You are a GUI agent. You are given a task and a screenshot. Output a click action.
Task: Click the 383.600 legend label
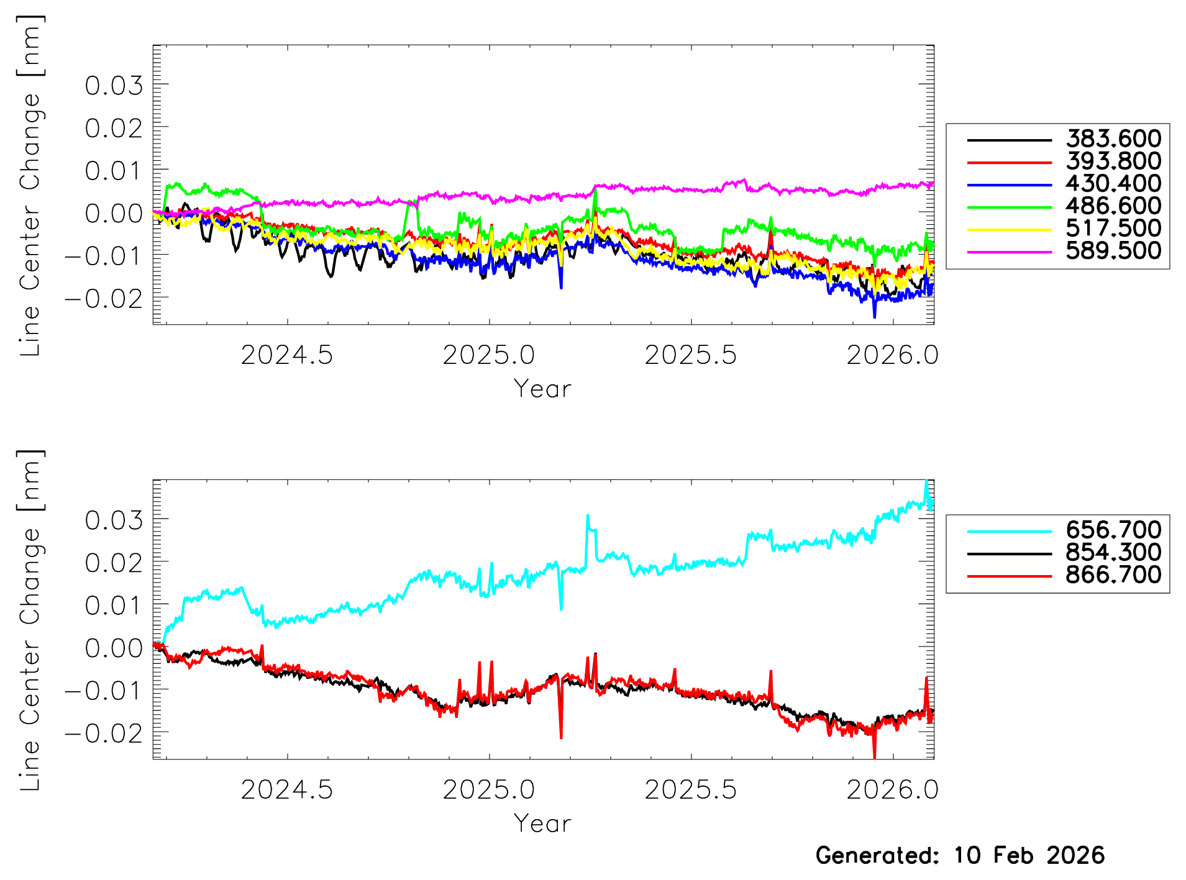click(1113, 138)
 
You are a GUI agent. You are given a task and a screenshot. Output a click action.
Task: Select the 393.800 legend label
click(1113, 161)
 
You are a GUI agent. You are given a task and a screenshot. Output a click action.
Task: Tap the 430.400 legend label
click(1113, 183)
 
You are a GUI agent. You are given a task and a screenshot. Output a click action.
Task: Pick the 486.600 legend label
click(1113, 206)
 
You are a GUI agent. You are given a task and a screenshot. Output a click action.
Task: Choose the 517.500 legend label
click(1113, 228)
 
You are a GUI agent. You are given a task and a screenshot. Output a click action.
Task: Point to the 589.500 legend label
click(1113, 250)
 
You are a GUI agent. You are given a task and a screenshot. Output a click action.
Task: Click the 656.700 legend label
click(1113, 530)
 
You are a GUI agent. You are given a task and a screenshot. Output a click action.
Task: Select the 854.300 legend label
click(1113, 552)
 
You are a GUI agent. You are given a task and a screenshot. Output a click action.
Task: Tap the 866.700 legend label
click(1113, 574)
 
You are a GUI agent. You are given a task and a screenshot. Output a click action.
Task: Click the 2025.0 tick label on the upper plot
click(488, 355)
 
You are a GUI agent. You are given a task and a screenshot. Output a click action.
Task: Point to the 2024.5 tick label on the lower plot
click(286, 790)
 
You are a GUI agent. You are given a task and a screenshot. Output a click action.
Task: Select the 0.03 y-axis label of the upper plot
click(114, 86)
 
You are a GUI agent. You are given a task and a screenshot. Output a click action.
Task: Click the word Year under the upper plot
click(542, 389)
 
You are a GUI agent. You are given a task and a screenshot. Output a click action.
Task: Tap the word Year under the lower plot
click(542, 824)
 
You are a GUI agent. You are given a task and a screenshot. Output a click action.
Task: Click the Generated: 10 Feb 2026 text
click(960, 856)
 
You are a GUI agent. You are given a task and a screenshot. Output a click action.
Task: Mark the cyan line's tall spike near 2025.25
click(588, 517)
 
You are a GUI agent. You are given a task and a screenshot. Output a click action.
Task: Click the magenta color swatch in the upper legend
click(1009, 252)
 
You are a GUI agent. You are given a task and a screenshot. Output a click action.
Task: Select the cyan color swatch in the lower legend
click(1009, 531)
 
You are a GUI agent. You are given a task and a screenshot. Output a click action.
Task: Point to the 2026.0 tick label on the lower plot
click(892, 790)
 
